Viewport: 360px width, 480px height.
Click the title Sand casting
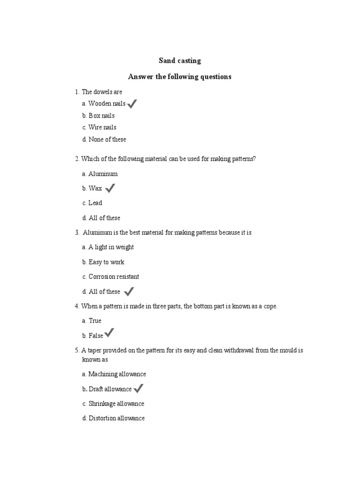pyautogui.click(x=180, y=60)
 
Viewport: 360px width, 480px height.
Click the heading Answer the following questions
pyautogui.click(x=180, y=76)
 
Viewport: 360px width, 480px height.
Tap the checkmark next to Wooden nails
pyautogui.click(x=132, y=104)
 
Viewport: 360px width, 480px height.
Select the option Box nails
pyautogui.click(x=101, y=116)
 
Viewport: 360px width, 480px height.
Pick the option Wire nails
pyautogui.click(x=102, y=127)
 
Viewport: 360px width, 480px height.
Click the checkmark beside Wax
pyautogui.click(x=110, y=188)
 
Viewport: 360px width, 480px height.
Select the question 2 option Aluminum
pyautogui.click(x=103, y=174)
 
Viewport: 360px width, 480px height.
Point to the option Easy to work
pyautogui.click(x=106, y=262)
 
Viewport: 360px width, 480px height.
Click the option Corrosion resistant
pyautogui.click(x=113, y=277)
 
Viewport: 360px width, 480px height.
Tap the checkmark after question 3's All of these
pyautogui.click(x=129, y=292)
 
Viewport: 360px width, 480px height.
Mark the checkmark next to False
pyautogui.click(x=109, y=333)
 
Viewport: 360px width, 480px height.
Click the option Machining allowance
pyautogui.click(x=117, y=374)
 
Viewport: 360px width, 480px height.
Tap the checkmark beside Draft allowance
pyautogui.click(x=138, y=388)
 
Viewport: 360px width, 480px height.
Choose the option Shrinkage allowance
pyautogui.click(x=116, y=404)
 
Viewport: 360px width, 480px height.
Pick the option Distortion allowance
pyautogui.click(x=116, y=418)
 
